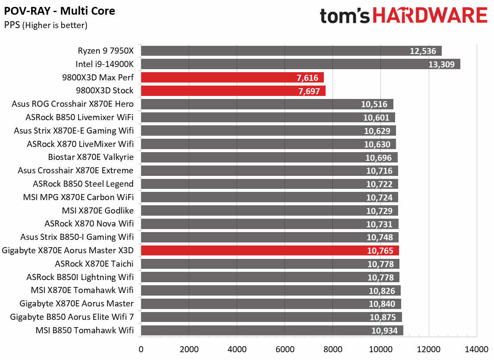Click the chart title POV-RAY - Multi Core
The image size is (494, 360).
pyautogui.click(x=60, y=11)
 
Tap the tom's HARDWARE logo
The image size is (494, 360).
pyautogui.click(x=403, y=16)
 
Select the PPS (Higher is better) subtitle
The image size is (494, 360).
pyautogui.click(x=45, y=25)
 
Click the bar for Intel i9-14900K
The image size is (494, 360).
pyautogui.click(x=300, y=64)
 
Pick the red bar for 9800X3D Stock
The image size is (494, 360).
pyautogui.click(x=233, y=91)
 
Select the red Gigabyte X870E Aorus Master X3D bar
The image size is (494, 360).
pyautogui.click(x=270, y=250)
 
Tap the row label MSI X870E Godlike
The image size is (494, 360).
pyautogui.click(x=98, y=210)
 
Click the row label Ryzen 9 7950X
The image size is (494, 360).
pyautogui.click(x=106, y=51)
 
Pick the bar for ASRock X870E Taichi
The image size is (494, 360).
pyautogui.click(x=270, y=264)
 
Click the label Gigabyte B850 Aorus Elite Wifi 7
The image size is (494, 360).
pyautogui.click(x=72, y=317)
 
